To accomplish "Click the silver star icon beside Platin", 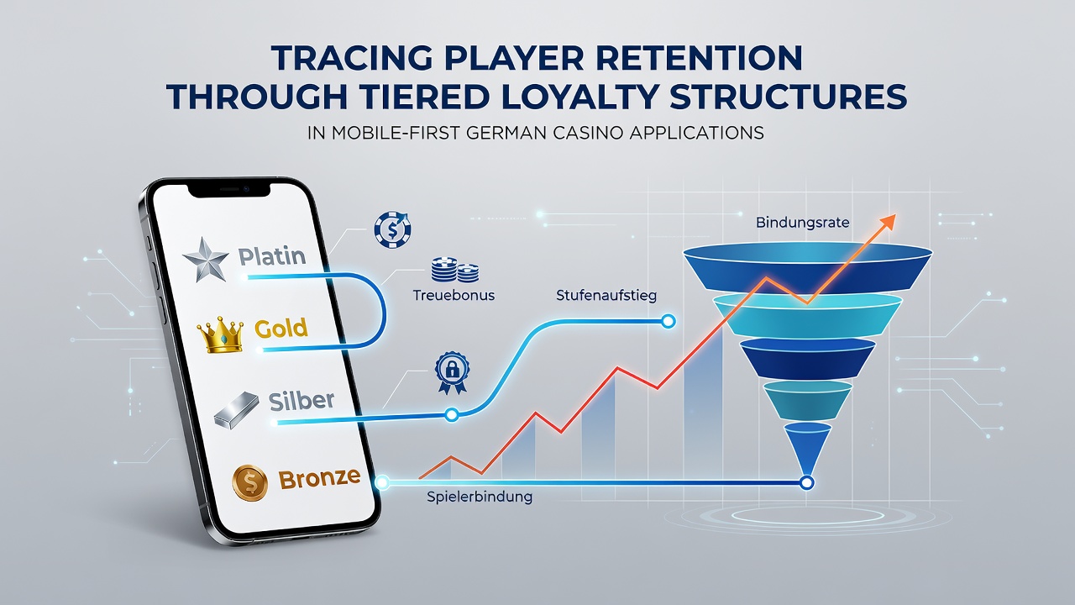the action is click(206, 260).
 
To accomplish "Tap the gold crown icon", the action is click(221, 334).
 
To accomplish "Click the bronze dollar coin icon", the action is click(249, 483).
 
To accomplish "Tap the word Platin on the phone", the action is click(272, 256).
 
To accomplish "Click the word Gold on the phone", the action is click(281, 329).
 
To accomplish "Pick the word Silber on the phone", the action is click(302, 401).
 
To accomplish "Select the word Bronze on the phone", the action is click(319, 478).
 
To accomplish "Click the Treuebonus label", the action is click(454, 295).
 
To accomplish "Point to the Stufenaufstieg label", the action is click(606, 295).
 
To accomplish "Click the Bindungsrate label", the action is click(802, 223).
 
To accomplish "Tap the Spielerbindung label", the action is click(480, 497).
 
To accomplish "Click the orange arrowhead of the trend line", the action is click(888, 222).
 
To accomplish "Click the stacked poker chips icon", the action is click(455, 270).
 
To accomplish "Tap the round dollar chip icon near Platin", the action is click(392, 229).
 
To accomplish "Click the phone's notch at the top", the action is click(228, 190).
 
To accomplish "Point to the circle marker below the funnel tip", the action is click(807, 482).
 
